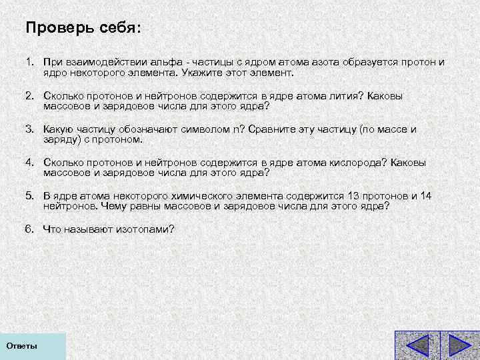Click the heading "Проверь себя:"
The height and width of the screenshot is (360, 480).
(x=83, y=29)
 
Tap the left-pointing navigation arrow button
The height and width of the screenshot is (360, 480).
(x=417, y=346)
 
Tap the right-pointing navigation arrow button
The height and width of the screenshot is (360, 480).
(x=459, y=346)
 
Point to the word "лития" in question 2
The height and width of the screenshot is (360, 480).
(x=344, y=95)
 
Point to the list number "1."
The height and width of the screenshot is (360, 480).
(x=30, y=61)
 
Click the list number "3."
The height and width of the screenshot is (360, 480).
(x=30, y=129)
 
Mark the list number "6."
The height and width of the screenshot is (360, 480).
(x=30, y=229)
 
